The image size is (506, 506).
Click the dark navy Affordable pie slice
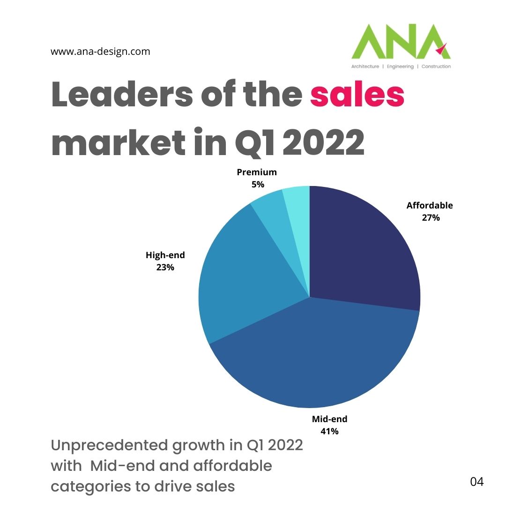(361, 248)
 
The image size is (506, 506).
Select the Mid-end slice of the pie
(319, 361)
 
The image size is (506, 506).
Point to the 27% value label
(430, 217)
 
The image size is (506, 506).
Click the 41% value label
(329, 431)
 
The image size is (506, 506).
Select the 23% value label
(165, 268)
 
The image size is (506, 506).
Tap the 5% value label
(257, 185)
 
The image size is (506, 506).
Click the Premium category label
(257, 172)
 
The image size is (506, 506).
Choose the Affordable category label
(430, 205)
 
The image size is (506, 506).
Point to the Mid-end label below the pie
(329, 419)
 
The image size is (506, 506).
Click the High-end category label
(165, 255)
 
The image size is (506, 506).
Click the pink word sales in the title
(357, 95)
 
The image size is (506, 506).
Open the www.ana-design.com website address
(100, 52)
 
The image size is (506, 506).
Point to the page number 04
(476, 481)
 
